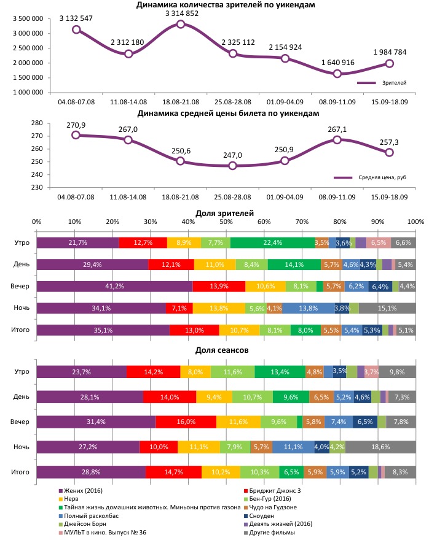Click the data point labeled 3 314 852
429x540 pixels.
coord(181,24)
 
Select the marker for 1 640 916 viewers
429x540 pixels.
coord(337,74)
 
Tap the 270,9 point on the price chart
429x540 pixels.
coord(76,135)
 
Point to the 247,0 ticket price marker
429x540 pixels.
coord(232,166)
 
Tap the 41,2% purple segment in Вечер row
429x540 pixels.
coord(114,286)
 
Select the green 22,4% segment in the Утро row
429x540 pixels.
coord(272,242)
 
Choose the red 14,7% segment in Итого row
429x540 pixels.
coord(173,472)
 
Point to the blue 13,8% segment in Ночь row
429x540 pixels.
coord(308,308)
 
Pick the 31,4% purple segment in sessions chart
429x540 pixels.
coord(96,422)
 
